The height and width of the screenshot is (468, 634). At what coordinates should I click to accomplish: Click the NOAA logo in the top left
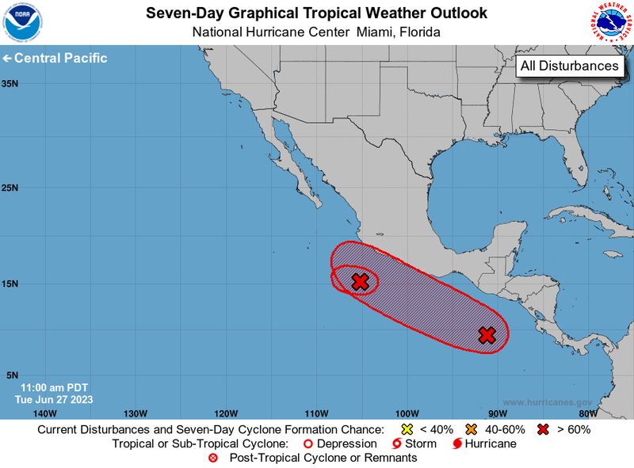pos(22,22)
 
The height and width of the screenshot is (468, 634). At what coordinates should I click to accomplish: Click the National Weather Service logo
pos(611,22)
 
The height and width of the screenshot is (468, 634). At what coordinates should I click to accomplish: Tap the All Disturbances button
pos(569,67)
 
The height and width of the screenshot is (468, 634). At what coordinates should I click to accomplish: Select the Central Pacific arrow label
pos(55,59)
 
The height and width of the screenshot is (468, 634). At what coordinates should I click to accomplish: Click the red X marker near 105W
pos(360,281)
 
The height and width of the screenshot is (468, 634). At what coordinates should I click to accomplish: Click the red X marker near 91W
pos(487,335)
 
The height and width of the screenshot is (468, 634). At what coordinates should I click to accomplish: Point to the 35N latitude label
pos(10,83)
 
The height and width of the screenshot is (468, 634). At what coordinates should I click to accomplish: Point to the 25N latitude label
pos(10,188)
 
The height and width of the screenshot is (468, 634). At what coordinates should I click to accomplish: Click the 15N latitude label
pos(10,283)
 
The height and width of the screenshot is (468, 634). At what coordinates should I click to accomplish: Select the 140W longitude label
pos(45,413)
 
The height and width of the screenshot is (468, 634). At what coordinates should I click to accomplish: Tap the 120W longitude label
pos(226,413)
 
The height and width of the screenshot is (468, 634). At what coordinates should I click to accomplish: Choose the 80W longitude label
pos(587,413)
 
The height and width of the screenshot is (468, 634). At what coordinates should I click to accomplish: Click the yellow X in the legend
pos(407,429)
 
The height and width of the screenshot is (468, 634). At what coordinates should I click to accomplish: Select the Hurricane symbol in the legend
pos(458,443)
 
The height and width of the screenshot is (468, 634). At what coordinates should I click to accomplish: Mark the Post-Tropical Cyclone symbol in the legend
pos(212,458)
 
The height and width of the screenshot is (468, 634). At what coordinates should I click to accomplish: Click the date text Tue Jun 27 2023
pos(53,399)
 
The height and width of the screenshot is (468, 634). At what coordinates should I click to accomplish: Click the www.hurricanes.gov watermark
pos(547,402)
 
